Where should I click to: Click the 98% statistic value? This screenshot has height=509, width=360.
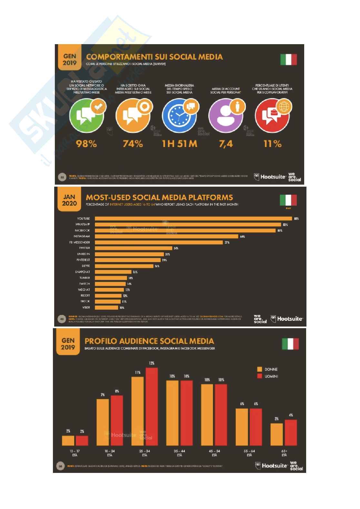(x=86, y=144)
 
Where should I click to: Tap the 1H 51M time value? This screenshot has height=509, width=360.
(x=179, y=144)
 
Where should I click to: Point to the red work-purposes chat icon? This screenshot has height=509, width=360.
(x=272, y=115)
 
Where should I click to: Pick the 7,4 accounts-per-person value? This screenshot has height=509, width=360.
(x=226, y=144)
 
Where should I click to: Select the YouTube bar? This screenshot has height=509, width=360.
(x=194, y=219)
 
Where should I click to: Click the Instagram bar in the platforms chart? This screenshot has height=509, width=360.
(x=167, y=236)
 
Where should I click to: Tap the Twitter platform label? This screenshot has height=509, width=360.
(x=85, y=248)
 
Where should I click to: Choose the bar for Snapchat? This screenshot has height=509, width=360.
(x=114, y=272)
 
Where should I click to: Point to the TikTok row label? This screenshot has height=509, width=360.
(x=85, y=301)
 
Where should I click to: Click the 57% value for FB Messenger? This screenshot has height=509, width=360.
(x=227, y=242)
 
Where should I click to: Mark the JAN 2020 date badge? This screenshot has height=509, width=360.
(x=70, y=200)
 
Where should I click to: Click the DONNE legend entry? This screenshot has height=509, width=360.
(x=268, y=369)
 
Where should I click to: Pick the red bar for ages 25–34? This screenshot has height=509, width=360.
(x=152, y=406)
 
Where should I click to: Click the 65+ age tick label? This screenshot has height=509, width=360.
(x=284, y=451)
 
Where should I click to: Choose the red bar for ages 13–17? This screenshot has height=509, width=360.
(x=82, y=440)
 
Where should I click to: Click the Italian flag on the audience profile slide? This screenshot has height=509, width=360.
(x=290, y=344)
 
